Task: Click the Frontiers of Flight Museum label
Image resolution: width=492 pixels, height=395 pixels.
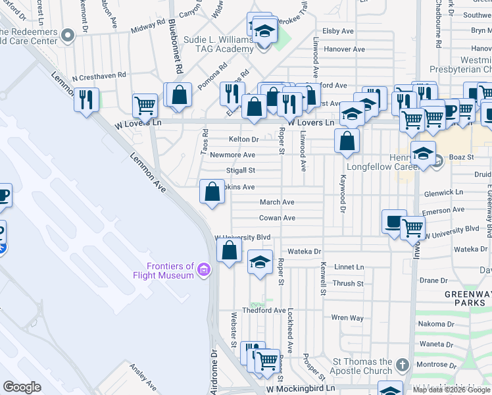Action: coord(170,271)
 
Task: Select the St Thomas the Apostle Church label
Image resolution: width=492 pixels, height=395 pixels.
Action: coord(363,366)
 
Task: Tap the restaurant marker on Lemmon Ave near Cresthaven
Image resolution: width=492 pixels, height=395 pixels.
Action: coord(86,99)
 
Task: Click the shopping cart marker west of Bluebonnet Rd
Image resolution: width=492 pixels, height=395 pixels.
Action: coord(145,105)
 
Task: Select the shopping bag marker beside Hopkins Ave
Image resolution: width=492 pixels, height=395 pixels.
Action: coord(212,192)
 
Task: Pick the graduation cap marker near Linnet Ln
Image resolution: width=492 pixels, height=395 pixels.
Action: coord(260,262)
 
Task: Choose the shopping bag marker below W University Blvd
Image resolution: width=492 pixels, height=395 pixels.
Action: coord(229,251)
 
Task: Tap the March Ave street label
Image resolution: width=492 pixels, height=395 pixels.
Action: coord(276,202)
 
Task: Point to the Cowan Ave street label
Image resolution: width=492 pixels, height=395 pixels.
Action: coord(277,218)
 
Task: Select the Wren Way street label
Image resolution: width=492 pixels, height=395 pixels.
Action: coord(347,318)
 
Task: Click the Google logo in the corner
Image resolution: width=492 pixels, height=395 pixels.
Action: coord(22,387)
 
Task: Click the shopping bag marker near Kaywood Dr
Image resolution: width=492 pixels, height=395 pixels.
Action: coord(347,140)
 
